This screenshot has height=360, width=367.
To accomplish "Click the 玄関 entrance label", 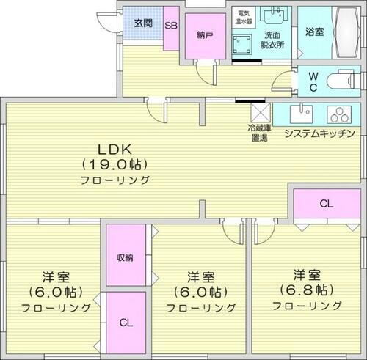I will click(x=144, y=23).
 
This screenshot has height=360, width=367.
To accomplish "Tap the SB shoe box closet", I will click(x=171, y=26).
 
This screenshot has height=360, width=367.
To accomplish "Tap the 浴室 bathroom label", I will click(x=314, y=31).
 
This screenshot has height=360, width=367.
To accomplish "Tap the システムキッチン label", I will click(x=319, y=133).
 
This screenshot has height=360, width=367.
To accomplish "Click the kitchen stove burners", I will click(x=340, y=114).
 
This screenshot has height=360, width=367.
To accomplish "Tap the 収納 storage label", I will click(x=126, y=257).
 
